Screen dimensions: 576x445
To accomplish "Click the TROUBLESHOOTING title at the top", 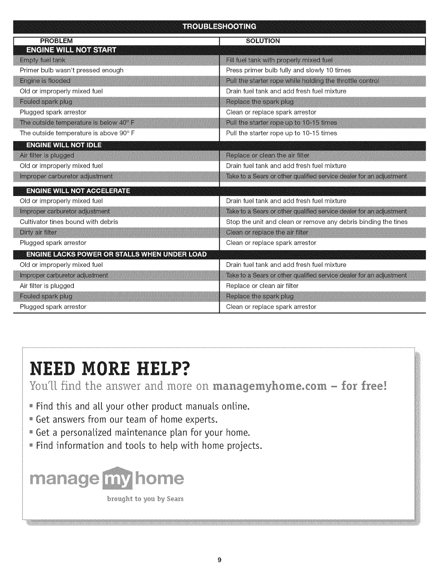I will pos(219,27).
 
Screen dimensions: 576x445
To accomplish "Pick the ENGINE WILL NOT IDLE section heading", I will pos(64,146).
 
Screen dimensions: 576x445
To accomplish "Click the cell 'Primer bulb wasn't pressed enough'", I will pos(72,70).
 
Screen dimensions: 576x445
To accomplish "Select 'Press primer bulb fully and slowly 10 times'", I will pos(288,70).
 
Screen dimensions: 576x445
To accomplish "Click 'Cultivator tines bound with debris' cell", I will pos(69,222).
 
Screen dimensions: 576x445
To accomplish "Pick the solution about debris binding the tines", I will pos(317,222).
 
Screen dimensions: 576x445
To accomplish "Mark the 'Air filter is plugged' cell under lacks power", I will pos(47,286).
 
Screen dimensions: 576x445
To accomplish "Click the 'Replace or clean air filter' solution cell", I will pos(262,286).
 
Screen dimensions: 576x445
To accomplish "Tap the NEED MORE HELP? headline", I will pos(110,369).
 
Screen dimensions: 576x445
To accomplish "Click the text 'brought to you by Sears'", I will pos(145,499).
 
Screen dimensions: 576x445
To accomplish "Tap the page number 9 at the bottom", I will pos(219,560).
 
